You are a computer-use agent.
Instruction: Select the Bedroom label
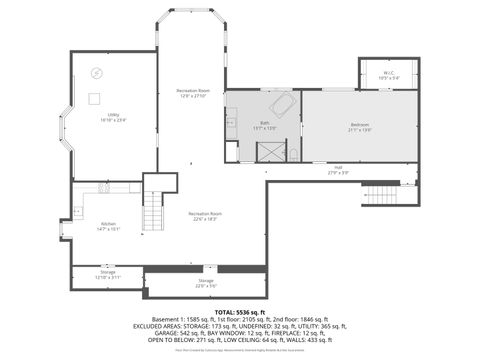pos(359,126)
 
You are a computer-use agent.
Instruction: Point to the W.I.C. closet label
pos(387,73)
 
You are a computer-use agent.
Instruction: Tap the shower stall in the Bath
pos(270,151)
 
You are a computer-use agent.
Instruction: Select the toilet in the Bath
pos(293,152)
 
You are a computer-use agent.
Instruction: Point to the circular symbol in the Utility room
pos(97,72)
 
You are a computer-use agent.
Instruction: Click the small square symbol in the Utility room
pos(95,97)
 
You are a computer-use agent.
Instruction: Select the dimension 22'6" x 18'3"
pos(205,218)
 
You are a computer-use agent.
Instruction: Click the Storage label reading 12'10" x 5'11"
pos(108,277)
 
